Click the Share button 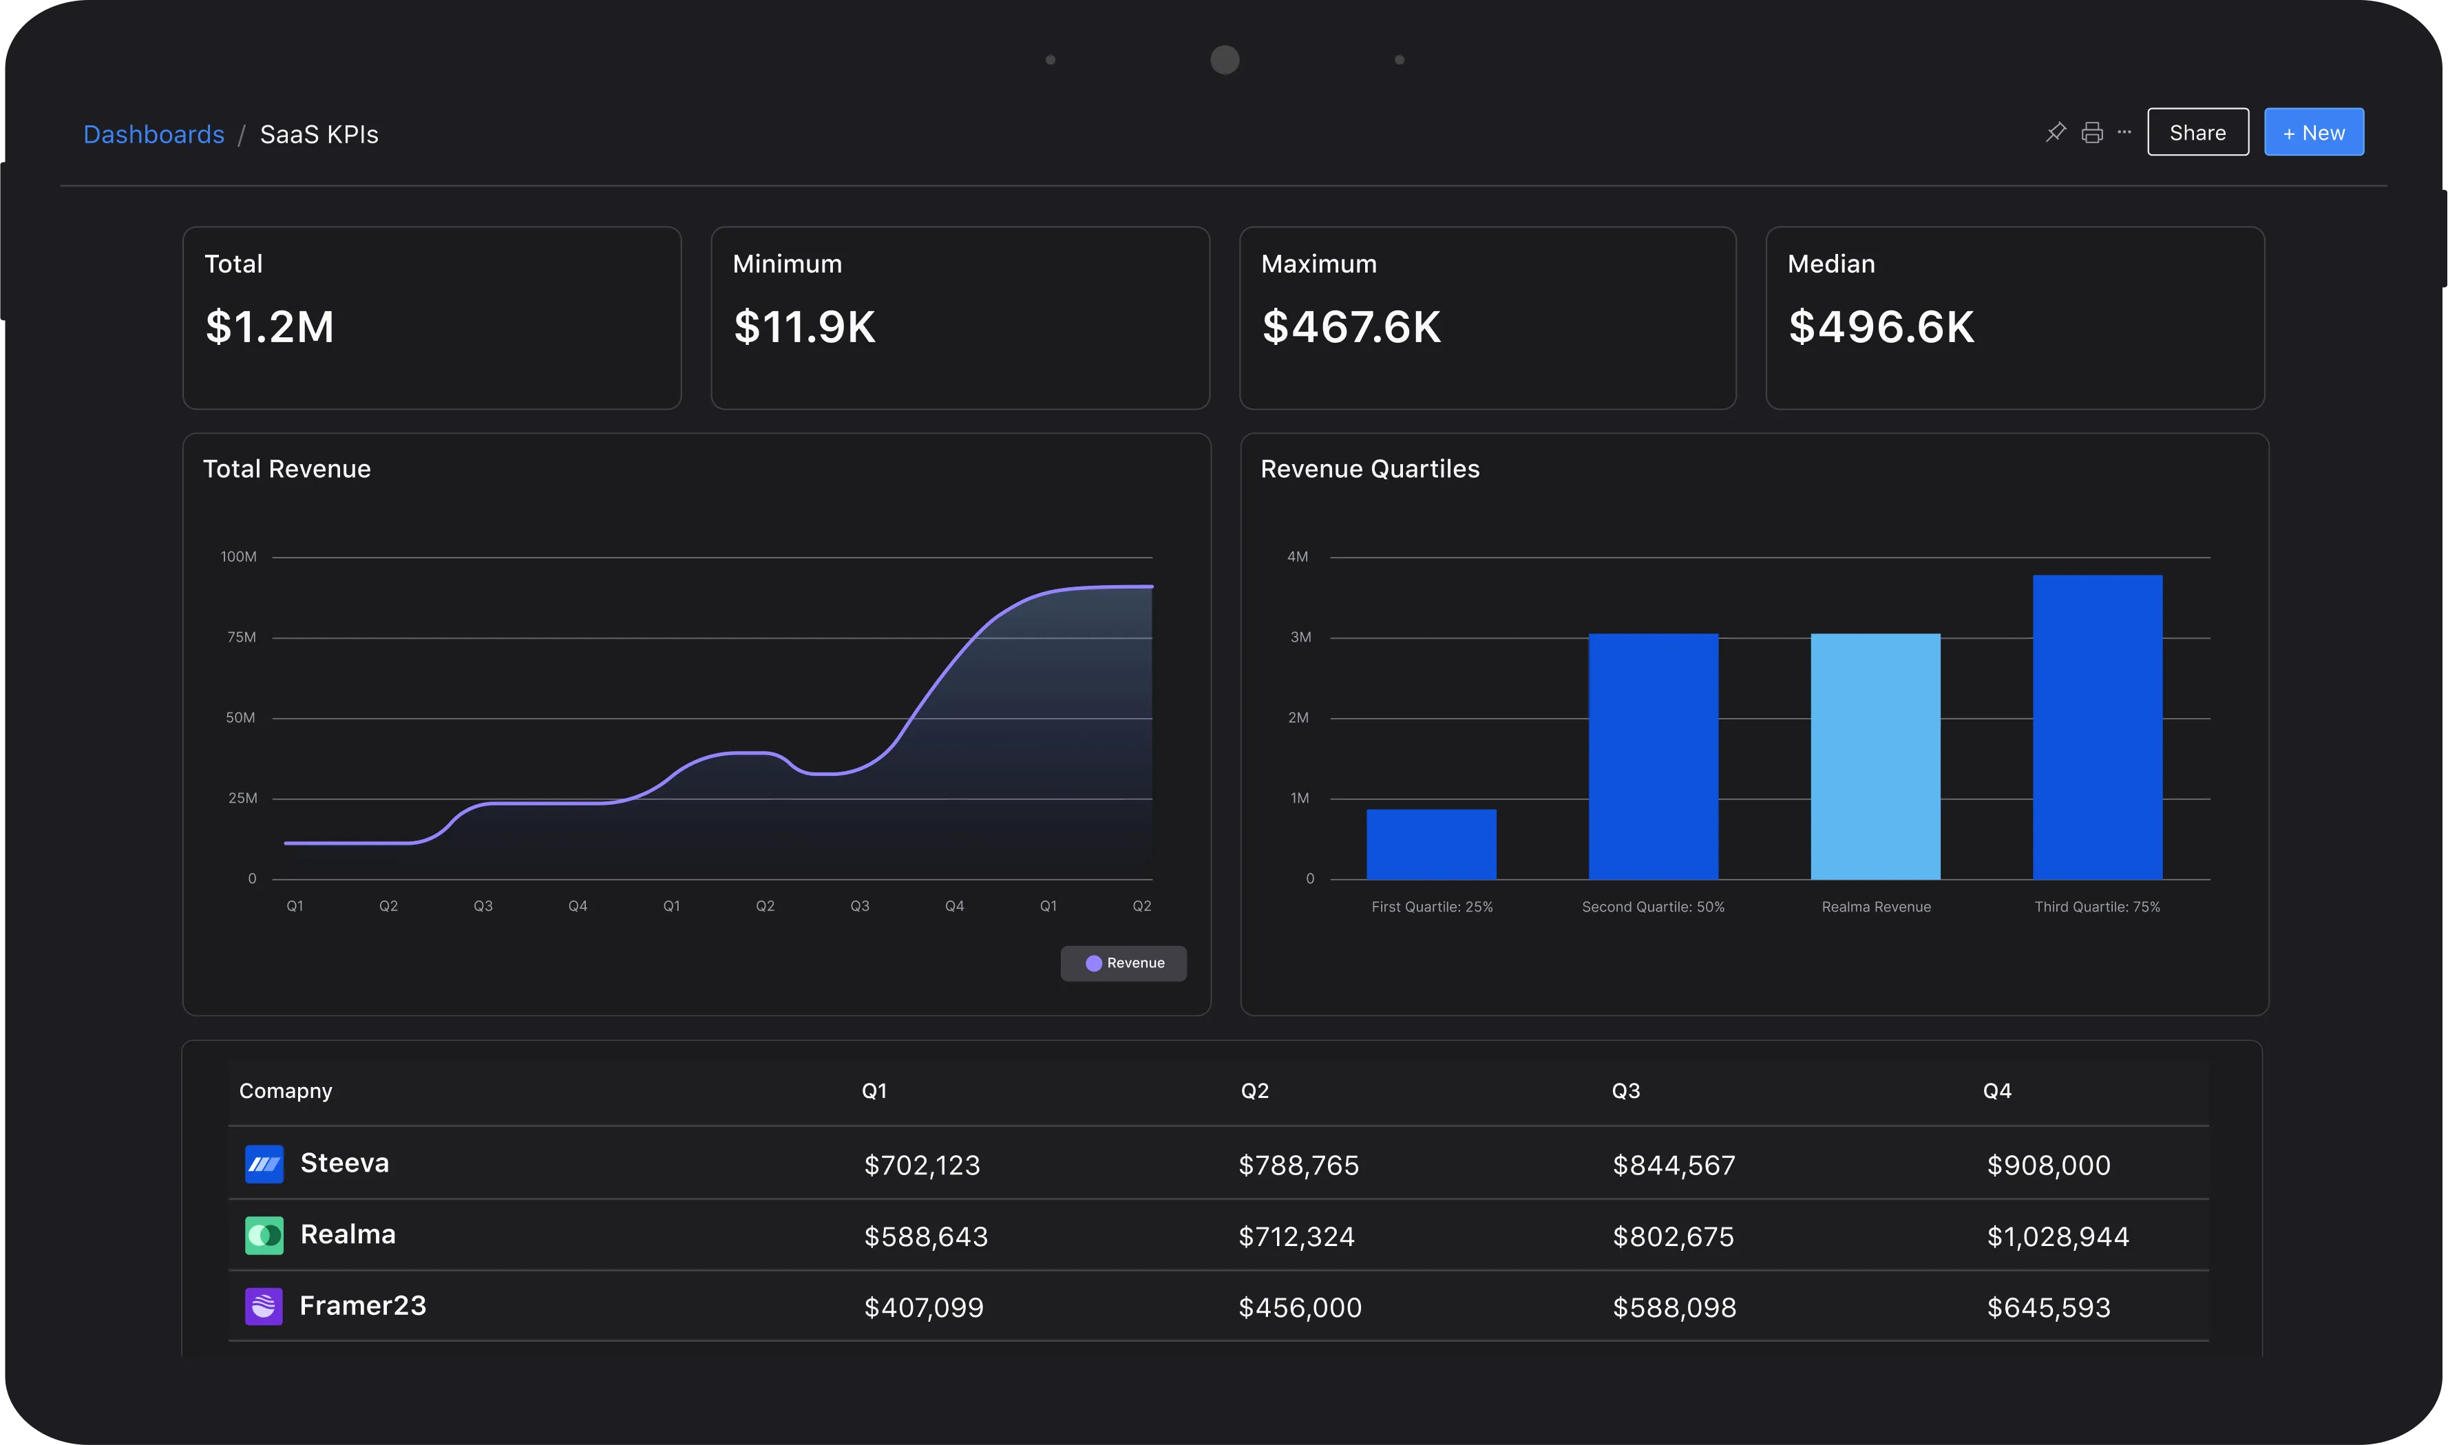(2197, 132)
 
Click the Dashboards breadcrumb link (154, 134)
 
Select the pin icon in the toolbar (2055, 132)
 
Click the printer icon (2091, 132)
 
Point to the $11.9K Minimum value (804, 327)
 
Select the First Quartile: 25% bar (1431, 844)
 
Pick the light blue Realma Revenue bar (1875, 757)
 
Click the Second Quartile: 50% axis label (1652, 907)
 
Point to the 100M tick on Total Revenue (239, 557)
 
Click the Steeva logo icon (264, 1163)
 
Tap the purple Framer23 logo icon (264, 1306)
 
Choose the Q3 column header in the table (1625, 1090)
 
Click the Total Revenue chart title (286, 470)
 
